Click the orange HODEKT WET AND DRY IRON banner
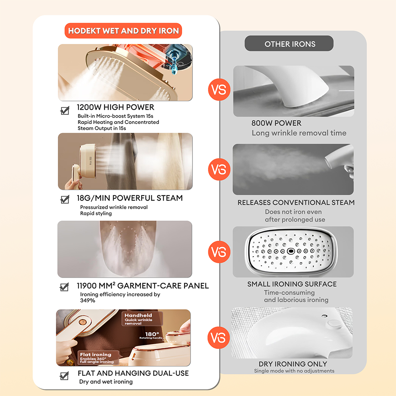click(x=123, y=31)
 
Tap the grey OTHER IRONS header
click(x=289, y=44)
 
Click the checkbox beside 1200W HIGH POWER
click(x=65, y=110)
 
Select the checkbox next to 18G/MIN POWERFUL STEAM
click(x=65, y=199)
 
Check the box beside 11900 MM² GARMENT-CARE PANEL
click(x=65, y=287)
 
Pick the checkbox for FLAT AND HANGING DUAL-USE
click(x=65, y=375)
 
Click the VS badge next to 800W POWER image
click(x=219, y=89)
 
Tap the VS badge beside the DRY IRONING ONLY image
click(x=219, y=338)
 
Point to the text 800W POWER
click(x=276, y=123)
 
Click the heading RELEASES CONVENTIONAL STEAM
click(x=296, y=202)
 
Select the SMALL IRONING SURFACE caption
click(x=292, y=284)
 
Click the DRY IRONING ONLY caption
click(x=293, y=364)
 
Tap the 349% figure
click(x=88, y=301)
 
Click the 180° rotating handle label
click(x=151, y=335)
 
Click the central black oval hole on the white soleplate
click(x=291, y=251)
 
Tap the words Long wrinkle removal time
click(x=299, y=133)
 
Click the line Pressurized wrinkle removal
click(x=114, y=207)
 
